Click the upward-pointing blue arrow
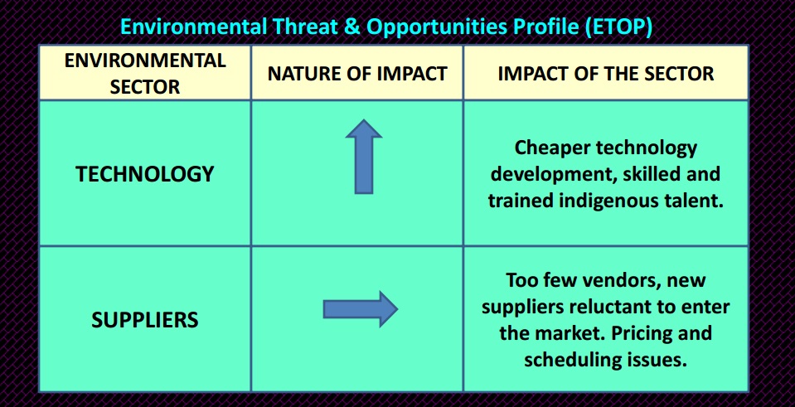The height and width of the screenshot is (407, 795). coord(364,156)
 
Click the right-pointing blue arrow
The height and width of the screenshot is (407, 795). coord(361,308)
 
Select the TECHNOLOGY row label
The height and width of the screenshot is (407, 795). coord(145,174)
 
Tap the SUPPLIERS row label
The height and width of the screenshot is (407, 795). coord(145,320)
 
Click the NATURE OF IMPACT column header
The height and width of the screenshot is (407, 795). coord(357,74)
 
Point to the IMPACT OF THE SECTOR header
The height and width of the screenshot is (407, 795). coord(606,74)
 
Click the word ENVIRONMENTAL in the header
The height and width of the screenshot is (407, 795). coord(145,61)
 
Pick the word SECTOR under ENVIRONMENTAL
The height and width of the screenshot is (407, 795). coord(145,87)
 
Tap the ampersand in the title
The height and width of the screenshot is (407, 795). coord(351,27)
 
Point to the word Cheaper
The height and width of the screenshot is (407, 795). coord(551,148)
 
